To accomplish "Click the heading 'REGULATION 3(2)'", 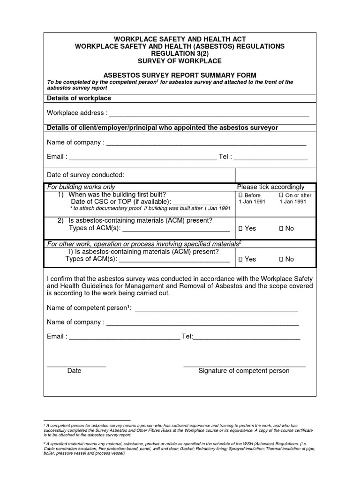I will click(x=180, y=54).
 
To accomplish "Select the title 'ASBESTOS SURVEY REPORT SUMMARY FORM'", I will click(x=180, y=75).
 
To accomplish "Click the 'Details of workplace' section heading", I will click(x=79, y=98).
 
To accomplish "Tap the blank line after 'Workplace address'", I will click(x=209, y=114).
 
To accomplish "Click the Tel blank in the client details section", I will click(x=270, y=157).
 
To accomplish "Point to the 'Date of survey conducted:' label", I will click(x=86, y=175).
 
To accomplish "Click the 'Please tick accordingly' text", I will click(x=270, y=187).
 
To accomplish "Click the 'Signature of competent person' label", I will click(x=244, y=371).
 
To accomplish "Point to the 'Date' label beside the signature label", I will click(x=74, y=371).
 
